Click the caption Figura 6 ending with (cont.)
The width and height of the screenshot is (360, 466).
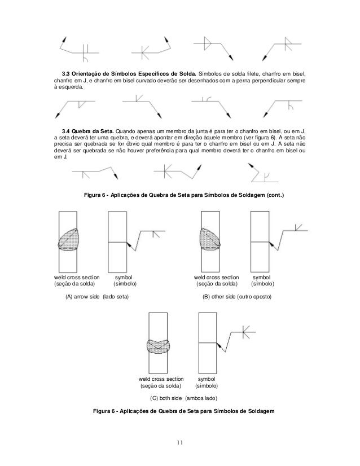(x=184, y=195)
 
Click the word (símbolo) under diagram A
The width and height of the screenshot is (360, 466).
(x=125, y=284)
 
